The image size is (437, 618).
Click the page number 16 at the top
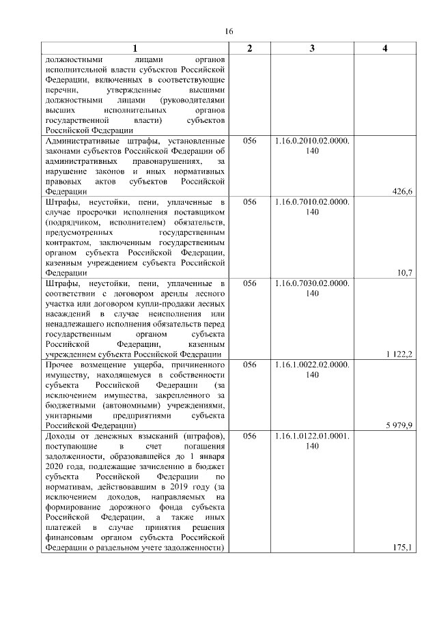229,31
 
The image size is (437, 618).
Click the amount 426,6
402,192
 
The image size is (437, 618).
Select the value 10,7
406,272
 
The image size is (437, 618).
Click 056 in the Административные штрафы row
249,141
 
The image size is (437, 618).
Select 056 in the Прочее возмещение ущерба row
249,364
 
